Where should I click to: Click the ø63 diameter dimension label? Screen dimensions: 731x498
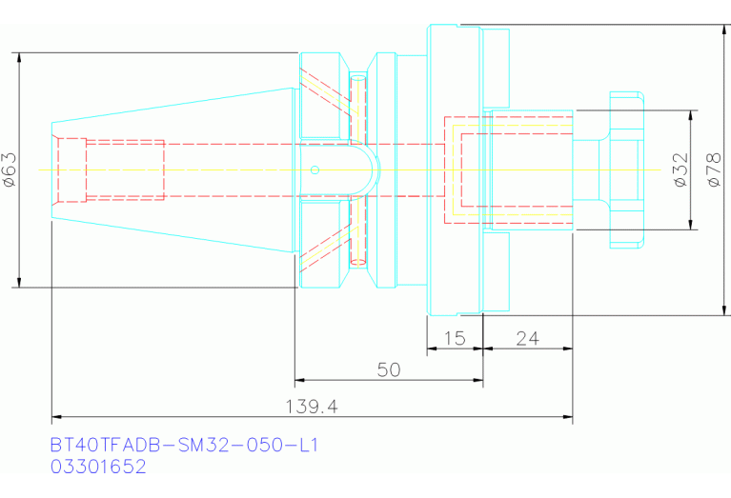tap(10, 169)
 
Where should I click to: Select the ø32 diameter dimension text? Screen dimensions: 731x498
tap(681, 169)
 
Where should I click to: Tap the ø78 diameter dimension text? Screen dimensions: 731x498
tap(714, 169)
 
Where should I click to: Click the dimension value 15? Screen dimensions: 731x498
tap(455, 338)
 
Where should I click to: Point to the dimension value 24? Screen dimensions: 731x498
tap(527, 338)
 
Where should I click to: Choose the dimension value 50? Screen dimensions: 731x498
tap(389, 369)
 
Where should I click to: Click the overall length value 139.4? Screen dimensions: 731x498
tap(312, 407)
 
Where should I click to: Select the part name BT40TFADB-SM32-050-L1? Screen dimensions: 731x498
tap(184, 446)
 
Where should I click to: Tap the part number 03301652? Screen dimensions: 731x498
tap(98, 467)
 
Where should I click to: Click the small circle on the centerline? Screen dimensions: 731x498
tap(315, 170)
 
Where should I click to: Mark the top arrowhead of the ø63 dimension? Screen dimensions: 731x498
tap(19, 58)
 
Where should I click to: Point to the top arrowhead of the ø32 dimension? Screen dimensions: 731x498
tap(691, 115)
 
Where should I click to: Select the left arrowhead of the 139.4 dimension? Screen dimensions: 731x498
tap(57, 416)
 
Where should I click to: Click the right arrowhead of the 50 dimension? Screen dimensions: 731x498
tap(477, 380)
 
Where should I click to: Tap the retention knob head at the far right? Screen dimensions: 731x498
tap(627, 170)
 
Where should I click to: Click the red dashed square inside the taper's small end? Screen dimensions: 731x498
tap(72, 170)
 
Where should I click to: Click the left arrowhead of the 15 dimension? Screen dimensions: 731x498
tap(432, 349)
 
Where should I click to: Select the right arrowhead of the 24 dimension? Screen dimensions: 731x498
tap(567, 349)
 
